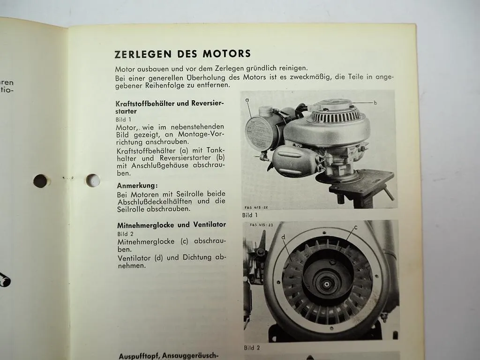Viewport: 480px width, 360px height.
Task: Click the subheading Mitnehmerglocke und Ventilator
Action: tap(171, 225)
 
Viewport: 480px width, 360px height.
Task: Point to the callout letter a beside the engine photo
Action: tap(247, 100)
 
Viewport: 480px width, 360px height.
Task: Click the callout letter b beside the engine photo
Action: tap(375, 102)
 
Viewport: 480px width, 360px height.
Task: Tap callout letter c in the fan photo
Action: tap(356, 228)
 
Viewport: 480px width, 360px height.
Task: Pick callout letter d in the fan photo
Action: tap(284, 237)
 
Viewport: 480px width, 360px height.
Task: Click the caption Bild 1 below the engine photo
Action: tap(250, 215)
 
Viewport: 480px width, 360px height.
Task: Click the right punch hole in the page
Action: tap(93, 180)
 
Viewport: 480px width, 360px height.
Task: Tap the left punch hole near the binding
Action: tap(40, 181)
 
